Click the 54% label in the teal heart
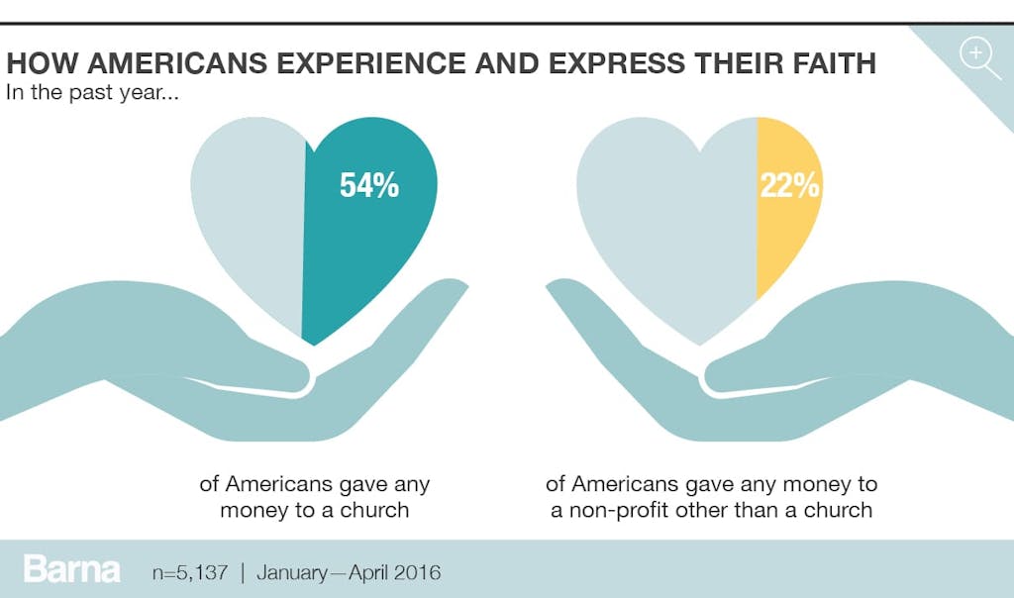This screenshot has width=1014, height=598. click(x=368, y=185)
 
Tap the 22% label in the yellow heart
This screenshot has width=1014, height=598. click(x=789, y=185)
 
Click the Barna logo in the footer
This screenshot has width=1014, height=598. click(x=71, y=570)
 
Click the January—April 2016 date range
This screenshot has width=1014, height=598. click(x=349, y=572)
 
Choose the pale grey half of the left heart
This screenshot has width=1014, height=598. click(x=253, y=218)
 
